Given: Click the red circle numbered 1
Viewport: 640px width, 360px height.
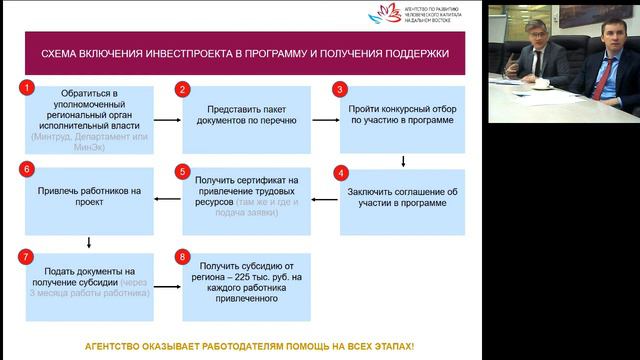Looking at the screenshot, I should click(x=27, y=89).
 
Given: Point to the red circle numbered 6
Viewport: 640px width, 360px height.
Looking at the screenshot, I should click(x=27, y=171).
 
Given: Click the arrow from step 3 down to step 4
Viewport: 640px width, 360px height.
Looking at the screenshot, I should click(x=402, y=159).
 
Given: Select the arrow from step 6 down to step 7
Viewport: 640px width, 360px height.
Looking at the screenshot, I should click(x=90, y=241).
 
